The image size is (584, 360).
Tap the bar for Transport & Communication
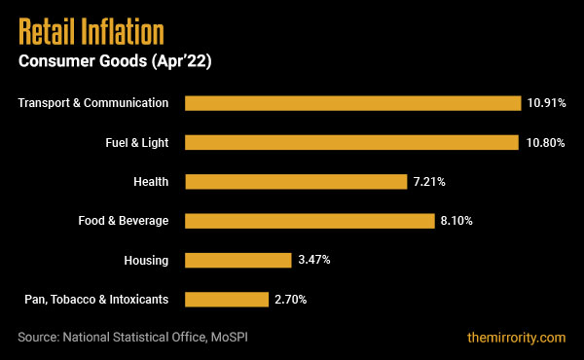pos(353,103)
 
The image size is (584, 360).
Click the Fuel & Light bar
pos(351,142)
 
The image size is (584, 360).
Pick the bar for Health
pos(295,181)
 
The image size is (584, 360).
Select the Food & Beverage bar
pos(310,221)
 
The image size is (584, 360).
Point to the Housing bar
pos(238,260)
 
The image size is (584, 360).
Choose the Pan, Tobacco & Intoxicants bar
pos(227,299)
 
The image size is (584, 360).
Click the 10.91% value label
pos(546,103)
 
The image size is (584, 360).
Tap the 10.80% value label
pos(544,142)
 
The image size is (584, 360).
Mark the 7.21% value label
pos(428,181)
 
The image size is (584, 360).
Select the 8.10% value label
pos(456,221)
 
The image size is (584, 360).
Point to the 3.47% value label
pos(313,260)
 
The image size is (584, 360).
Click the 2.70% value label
pos(290,299)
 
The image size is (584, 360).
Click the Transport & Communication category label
pos(93,103)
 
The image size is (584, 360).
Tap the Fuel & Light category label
pos(137,142)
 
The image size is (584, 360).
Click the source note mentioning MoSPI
pos(140,337)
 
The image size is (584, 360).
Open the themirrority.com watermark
pos(516,337)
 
